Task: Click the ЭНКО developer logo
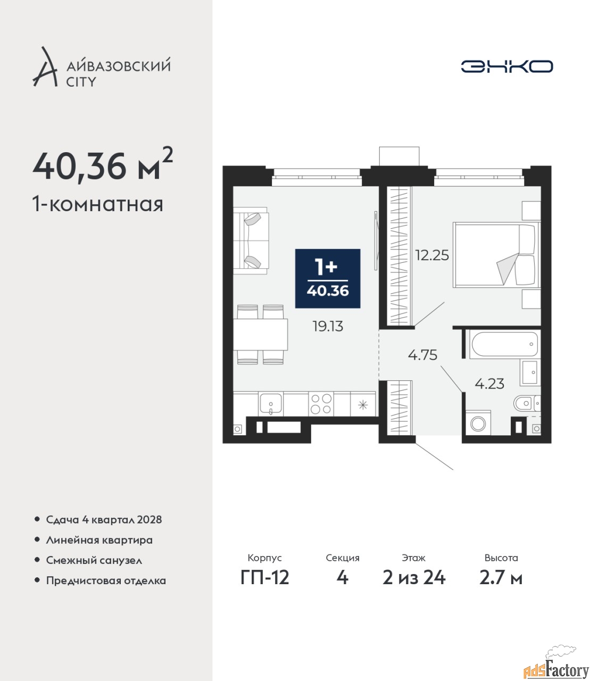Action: tap(506, 66)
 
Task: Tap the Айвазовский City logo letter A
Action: tap(45, 67)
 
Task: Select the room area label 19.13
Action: tap(328, 327)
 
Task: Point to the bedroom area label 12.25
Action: tap(432, 255)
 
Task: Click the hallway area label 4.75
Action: tap(422, 355)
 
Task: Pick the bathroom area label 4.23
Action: tap(489, 384)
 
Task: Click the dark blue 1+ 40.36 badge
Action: tap(327, 278)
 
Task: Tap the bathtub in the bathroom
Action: tap(504, 344)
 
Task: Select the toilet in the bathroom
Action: tap(527, 403)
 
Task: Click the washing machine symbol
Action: tap(478, 423)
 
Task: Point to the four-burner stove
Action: tap(321, 404)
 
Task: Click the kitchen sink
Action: tap(270, 404)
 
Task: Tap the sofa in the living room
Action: tap(251, 240)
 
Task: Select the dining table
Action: tap(261, 335)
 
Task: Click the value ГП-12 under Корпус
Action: tap(265, 578)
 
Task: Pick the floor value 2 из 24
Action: tap(414, 578)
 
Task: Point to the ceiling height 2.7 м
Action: tap(501, 578)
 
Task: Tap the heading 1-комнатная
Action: tap(98, 204)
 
